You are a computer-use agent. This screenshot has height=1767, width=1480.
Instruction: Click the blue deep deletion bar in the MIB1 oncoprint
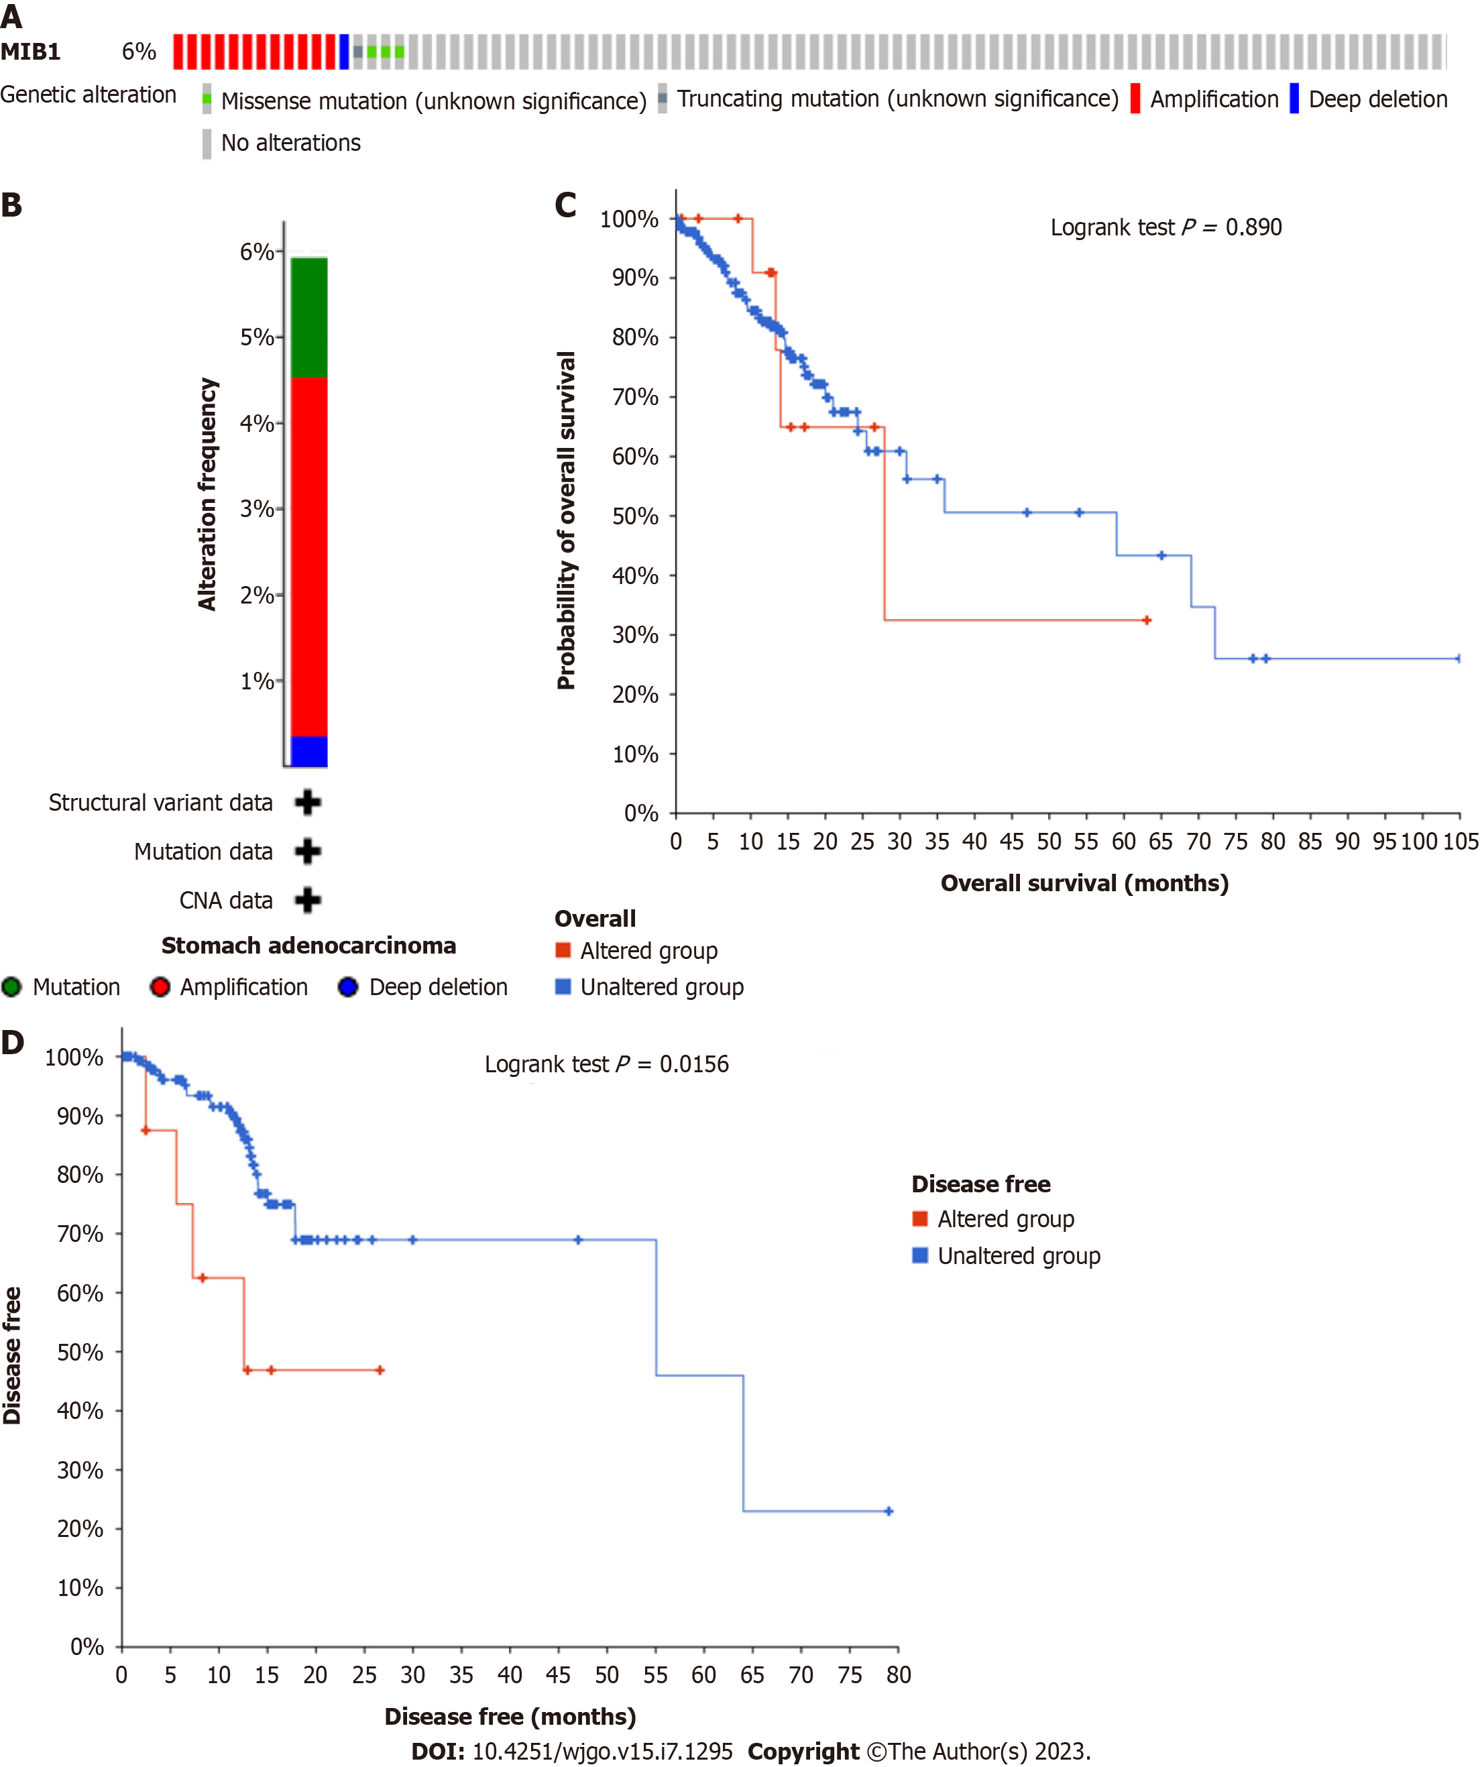tap(343, 52)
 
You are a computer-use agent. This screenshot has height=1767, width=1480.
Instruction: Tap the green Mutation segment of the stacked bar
tap(308, 317)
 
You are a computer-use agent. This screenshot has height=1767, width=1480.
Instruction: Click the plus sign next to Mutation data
tap(308, 851)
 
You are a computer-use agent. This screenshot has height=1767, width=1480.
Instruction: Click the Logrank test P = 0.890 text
tap(1165, 227)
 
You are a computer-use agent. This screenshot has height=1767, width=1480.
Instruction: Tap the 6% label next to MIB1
tap(139, 52)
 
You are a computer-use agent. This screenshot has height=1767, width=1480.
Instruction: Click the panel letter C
tap(565, 205)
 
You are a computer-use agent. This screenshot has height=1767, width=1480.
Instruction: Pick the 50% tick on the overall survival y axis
tap(635, 516)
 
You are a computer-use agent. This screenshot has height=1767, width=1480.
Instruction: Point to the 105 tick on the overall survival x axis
tap(1461, 842)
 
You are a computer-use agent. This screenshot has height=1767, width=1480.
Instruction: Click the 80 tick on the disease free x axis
tap(898, 1674)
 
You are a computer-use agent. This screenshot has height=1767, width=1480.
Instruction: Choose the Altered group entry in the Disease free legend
tap(1005, 1218)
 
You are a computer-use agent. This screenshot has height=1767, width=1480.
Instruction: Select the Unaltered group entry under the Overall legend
tap(661, 986)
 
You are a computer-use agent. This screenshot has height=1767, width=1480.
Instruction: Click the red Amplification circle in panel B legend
tap(160, 986)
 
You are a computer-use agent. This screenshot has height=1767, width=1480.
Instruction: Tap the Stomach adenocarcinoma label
tap(308, 945)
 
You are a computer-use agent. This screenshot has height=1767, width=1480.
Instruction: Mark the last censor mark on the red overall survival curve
tap(1146, 620)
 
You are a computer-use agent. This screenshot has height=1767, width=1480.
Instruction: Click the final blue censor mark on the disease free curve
tap(889, 1512)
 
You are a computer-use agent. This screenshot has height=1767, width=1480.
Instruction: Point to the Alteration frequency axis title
tap(207, 494)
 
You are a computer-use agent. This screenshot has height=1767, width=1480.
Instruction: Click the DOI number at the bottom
tap(602, 1751)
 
